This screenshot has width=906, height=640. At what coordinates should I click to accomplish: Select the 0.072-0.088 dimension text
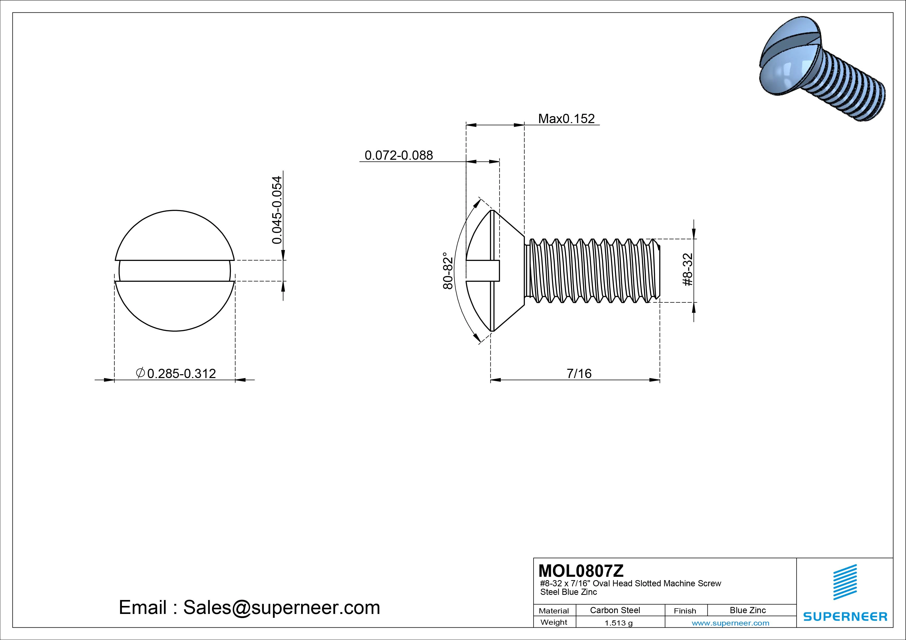[399, 155]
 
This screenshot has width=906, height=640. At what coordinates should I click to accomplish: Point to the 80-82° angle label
[448, 271]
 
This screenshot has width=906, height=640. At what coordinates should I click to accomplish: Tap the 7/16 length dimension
[579, 373]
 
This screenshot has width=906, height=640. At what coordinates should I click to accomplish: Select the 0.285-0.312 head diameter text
[182, 373]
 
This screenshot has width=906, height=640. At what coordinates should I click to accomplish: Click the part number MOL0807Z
[581, 571]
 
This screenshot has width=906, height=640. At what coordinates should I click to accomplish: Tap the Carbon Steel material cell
[615, 610]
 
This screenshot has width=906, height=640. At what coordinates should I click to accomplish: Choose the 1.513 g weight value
[618, 623]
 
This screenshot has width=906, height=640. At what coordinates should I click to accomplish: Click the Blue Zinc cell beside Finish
[748, 610]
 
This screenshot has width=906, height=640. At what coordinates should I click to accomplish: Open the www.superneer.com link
[730, 623]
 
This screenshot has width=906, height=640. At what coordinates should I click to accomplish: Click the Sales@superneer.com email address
[281, 607]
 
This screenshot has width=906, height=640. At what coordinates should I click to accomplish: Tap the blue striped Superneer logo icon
[845, 582]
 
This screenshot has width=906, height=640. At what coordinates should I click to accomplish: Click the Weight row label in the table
[554, 622]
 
